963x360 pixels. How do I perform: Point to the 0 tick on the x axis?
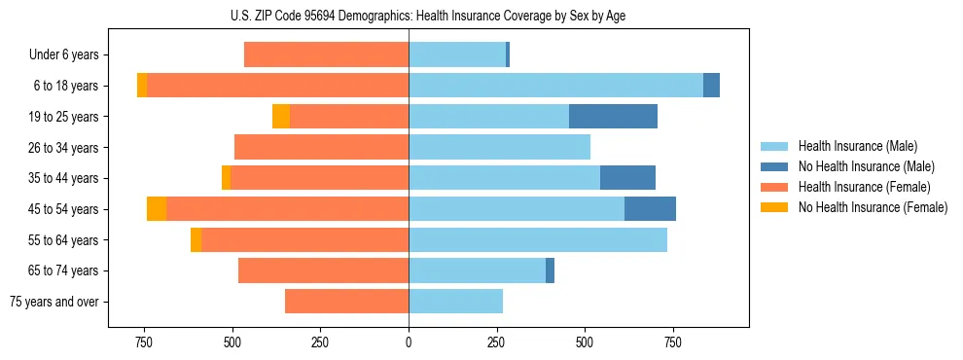coord(409,342)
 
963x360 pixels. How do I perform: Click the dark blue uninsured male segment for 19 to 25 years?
coord(613,117)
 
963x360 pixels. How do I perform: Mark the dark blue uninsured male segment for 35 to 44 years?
coord(627,178)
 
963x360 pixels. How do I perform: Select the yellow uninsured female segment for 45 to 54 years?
coord(157,209)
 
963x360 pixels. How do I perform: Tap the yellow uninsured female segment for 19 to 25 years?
coord(281,117)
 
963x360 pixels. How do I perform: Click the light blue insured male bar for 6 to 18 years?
coord(555,86)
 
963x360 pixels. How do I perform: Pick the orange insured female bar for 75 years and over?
coord(346,302)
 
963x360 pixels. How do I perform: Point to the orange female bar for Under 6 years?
coord(326,55)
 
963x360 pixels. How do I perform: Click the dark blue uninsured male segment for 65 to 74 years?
coord(550,270)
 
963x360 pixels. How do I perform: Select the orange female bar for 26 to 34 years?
coord(321,148)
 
